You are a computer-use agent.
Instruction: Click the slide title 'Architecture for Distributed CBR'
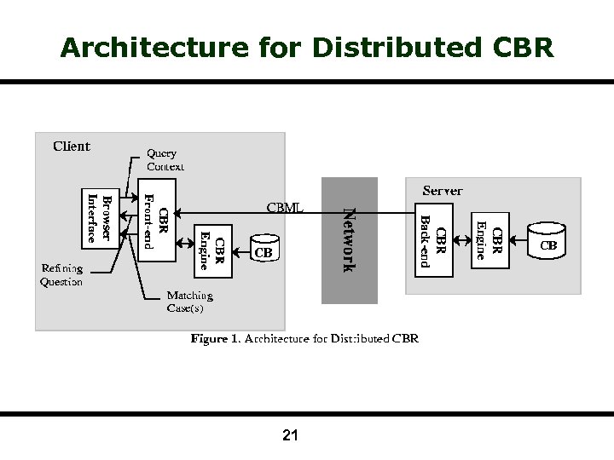tap(307, 47)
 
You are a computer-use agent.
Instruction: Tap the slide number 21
tap(290, 436)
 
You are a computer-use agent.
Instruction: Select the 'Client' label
tap(72, 146)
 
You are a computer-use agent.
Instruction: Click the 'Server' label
tap(443, 191)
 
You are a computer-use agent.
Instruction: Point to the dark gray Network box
tap(349, 240)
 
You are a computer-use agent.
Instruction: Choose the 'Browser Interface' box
tap(100, 218)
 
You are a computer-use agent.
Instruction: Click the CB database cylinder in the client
tap(264, 247)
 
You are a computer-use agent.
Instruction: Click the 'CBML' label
tap(285, 207)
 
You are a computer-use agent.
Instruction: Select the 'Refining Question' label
tap(61, 275)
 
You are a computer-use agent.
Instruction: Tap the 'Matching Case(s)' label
tap(189, 302)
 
